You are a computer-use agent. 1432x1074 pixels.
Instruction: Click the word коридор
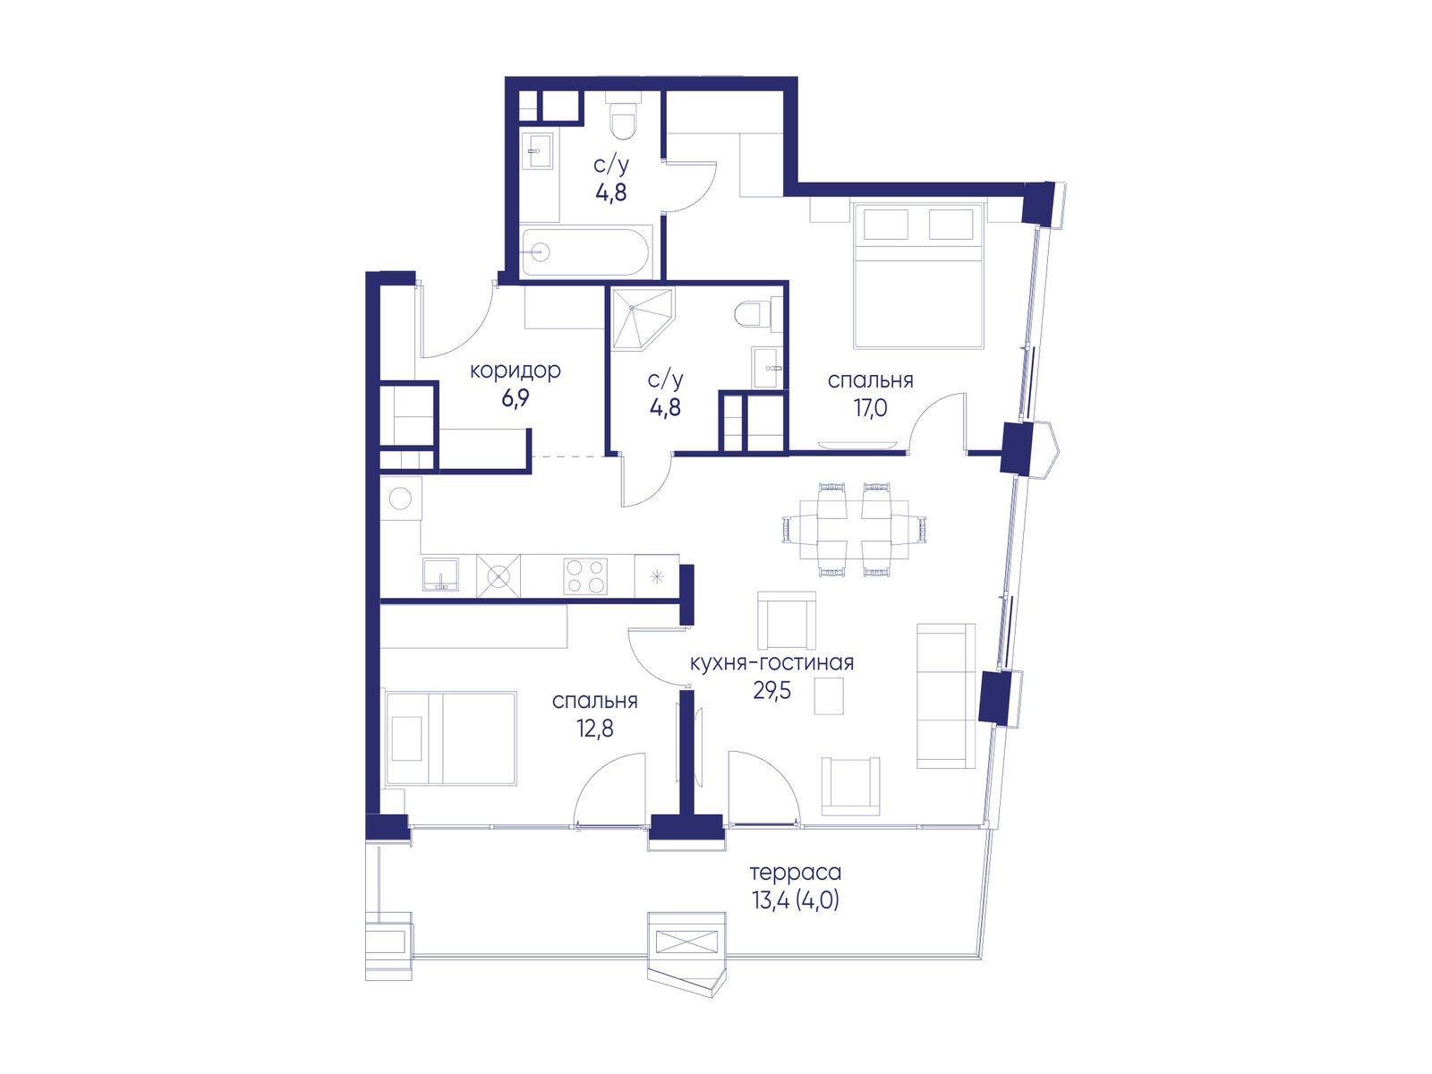515,371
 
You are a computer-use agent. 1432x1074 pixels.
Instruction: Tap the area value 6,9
515,399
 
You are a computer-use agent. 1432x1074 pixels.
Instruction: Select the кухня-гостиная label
771,663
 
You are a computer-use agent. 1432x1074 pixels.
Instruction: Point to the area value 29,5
771,690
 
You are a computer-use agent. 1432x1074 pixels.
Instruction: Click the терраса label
796,872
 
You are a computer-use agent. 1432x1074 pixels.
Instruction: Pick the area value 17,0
870,408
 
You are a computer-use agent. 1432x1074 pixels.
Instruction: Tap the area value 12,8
594,729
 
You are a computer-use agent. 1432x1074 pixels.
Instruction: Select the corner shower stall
640,319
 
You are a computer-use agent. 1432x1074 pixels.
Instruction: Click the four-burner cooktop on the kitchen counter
585,575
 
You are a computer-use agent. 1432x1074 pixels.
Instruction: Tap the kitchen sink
440,575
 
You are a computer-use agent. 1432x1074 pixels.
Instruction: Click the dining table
855,529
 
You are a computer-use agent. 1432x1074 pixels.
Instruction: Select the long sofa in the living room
946,695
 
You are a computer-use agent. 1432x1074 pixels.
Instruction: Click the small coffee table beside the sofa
829,695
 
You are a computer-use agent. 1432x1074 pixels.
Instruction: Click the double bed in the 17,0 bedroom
916,276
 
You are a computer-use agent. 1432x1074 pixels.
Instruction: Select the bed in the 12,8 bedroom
451,737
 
